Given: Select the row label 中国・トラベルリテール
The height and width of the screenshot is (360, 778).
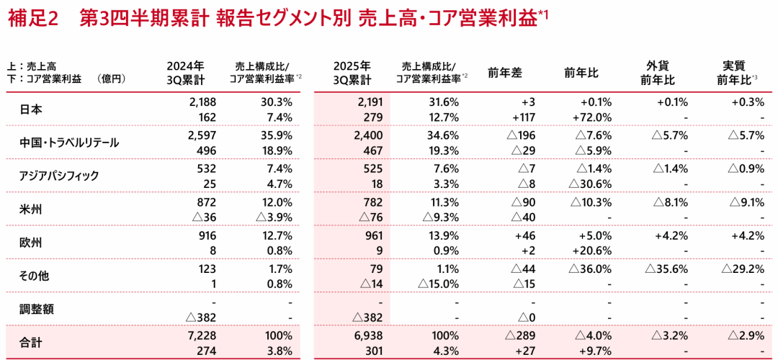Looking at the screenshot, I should click(x=69, y=143).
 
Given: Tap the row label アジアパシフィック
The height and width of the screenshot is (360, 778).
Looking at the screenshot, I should click(x=59, y=176).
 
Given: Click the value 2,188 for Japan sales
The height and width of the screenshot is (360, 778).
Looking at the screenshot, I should click(x=201, y=102).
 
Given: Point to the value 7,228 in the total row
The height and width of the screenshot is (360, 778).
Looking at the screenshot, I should click(x=201, y=336).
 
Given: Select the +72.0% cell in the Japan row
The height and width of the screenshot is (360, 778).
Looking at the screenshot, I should click(x=594, y=117).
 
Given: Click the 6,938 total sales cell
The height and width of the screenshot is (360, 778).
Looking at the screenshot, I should click(x=368, y=336).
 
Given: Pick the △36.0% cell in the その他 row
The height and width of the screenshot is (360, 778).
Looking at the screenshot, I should click(x=591, y=269).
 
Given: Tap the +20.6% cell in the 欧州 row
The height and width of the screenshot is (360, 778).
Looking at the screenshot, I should click(x=594, y=251).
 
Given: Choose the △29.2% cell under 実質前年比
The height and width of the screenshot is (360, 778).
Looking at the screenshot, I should click(x=742, y=269).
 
